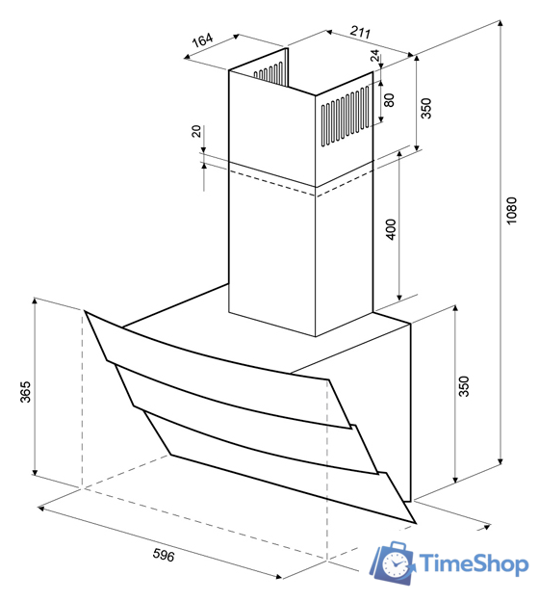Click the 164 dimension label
pyautogui.click(x=202, y=39)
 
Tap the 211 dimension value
pyautogui.click(x=361, y=32)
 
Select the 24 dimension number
pyautogui.click(x=375, y=55)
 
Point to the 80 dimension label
pyautogui.click(x=389, y=100)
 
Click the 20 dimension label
pyautogui.click(x=196, y=131)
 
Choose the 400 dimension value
pyautogui.click(x=391, y=229)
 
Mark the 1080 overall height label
pyautogui.click(x=511, y=211)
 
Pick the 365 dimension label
pyautogui.click(x=25, y=392)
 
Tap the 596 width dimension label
pyautogui.click(x=164, y=555)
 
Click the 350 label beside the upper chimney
pyautogui.click(x=425, y=109)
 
